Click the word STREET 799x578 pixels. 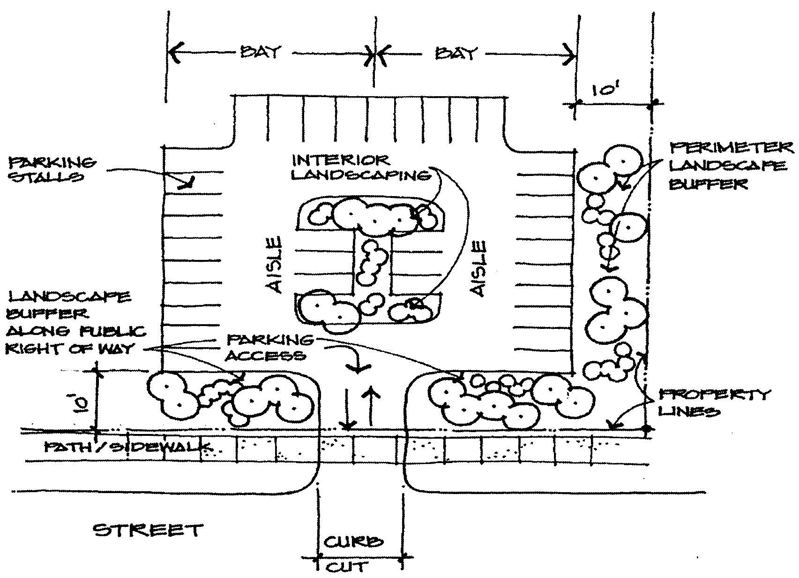coord(148,531)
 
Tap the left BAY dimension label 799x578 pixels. coord(261,52)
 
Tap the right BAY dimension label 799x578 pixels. coord(456,54)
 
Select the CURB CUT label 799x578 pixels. coord(358,554)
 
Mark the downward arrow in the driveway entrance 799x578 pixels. coord(347,409)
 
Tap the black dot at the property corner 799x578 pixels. coord(647,429)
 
